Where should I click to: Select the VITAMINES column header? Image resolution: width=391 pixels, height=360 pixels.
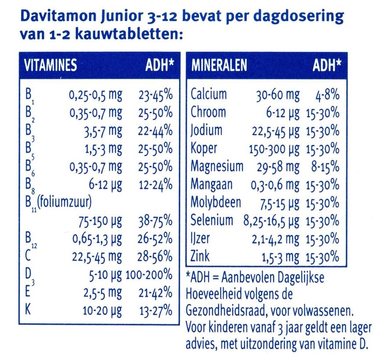(x=51, y=65)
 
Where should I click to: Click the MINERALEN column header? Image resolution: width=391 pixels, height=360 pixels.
(x=219, y=65)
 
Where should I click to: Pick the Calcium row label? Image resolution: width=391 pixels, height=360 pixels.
(x=209, y=94)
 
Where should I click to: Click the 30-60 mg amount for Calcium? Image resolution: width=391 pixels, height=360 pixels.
(x=277, y=95)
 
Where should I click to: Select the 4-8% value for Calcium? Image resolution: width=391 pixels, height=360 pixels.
(x=326, y=95)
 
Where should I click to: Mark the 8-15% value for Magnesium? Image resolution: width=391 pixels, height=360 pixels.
(x=326, y=167)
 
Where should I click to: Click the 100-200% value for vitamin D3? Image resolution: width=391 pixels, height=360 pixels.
(x=149, y=275)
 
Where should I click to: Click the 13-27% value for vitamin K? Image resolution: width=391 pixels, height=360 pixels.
(x=156, y=311)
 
